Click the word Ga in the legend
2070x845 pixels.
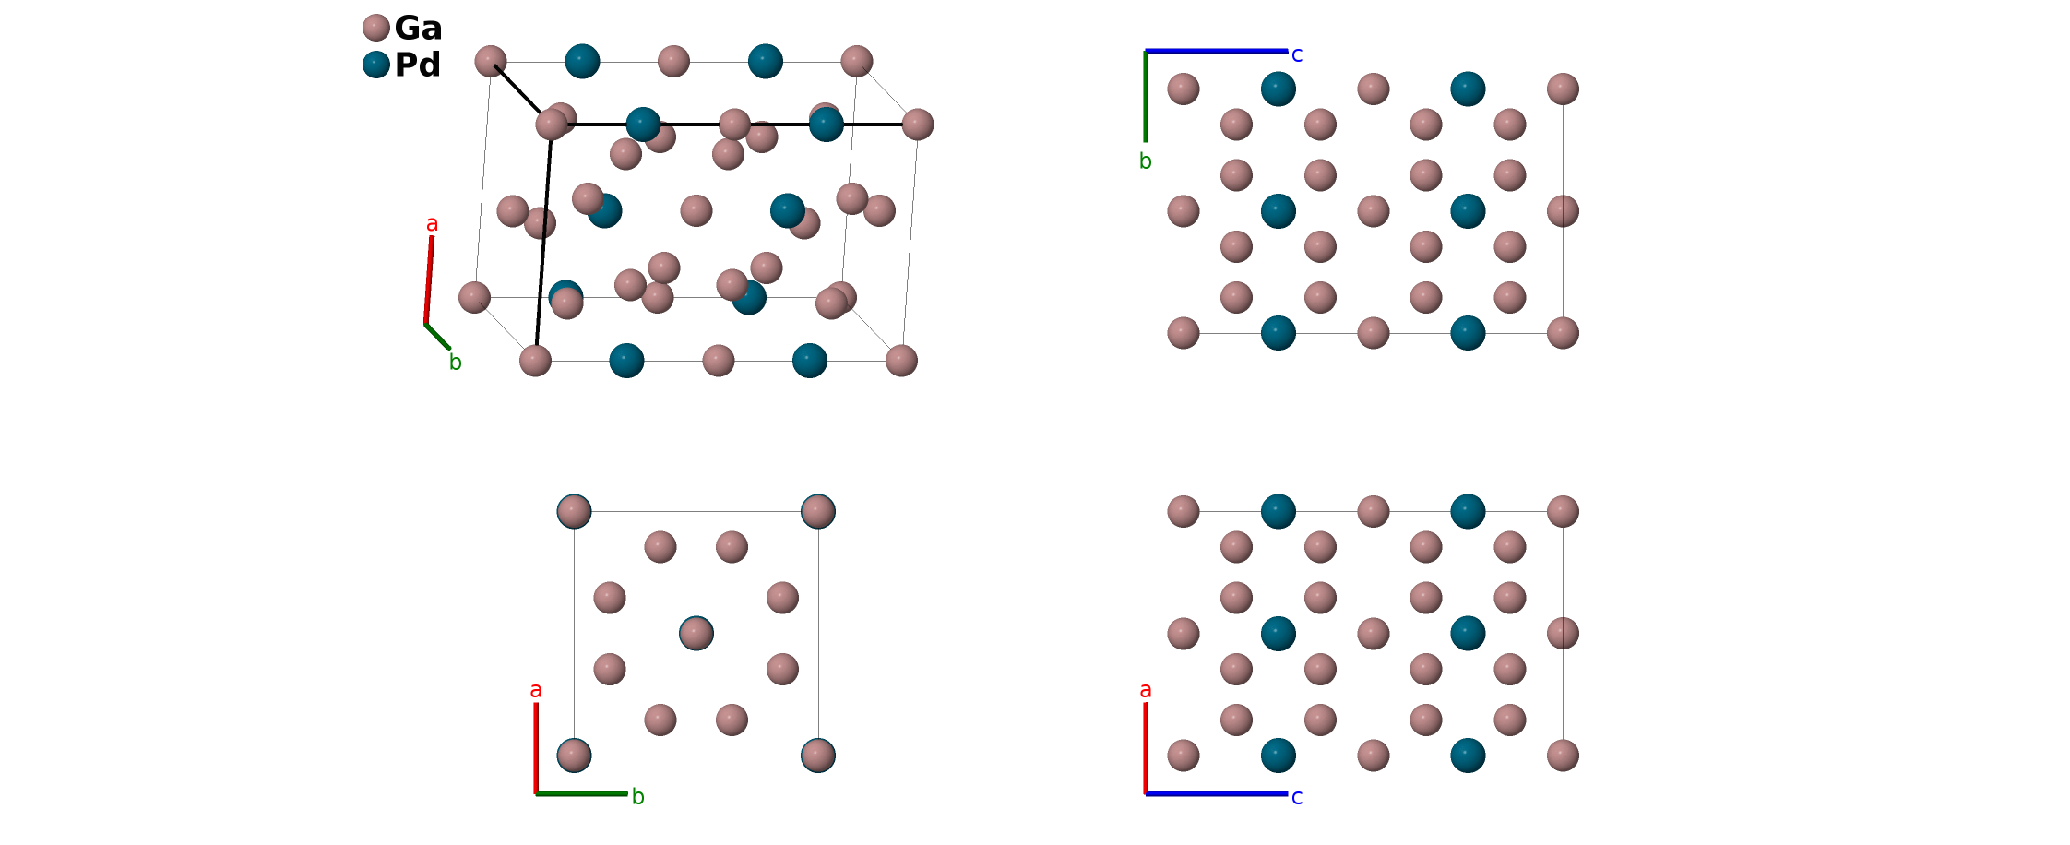[418, 29]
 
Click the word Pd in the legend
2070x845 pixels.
[417, 65]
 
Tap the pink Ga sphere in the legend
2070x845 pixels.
[376, 28]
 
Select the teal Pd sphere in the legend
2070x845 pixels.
[376, 65]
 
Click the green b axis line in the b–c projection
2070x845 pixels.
[1146, 96]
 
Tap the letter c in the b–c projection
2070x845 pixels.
[1297, 55]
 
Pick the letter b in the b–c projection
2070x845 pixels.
[1146, 161]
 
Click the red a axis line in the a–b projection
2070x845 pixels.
[536, 747]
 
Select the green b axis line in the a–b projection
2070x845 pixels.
[581, 793]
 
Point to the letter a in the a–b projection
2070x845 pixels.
[536, 690]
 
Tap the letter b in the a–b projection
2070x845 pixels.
[638, 797]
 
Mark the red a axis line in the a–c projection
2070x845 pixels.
[1146, 747]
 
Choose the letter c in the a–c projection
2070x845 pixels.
[1297, 797]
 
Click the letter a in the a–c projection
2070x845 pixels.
[1146, 690]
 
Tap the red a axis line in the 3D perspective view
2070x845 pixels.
[429, 280]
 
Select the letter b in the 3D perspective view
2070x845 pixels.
[455, 363]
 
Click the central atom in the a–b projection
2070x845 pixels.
[696, 634]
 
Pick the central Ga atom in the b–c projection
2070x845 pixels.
[1374, 211]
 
